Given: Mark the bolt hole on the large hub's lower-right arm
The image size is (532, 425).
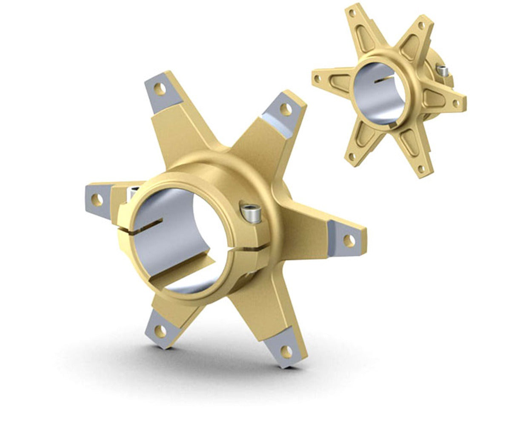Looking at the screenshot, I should tap(288, 351).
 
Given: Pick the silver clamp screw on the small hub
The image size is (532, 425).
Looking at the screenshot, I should tap(443, 71).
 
